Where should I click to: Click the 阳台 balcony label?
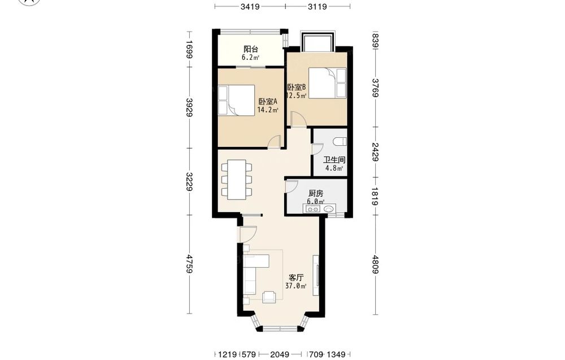pyautogui.click(x=250, y=49)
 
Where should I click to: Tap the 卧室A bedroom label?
pyautogui.click(x=268, y=102)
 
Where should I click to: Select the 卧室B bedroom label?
pyautogui.click(x=297, y=87)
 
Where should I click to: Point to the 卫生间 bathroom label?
pyautogui.click(x=334, y=159)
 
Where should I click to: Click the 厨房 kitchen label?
pyautogui.click(x=316, y=193)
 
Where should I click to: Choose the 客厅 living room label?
pyautogui.click(x=296, y=278)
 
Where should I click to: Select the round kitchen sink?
pyautogui.click(x=329, y=209)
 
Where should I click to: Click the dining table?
pyautogui.click(x=236, y=180)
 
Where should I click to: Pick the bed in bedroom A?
pyautogui.click(x=236, y=100)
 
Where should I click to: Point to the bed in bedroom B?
pyautogui.click(x=328, y=83)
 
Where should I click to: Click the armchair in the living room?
pyautogui.click(x=269, y=297)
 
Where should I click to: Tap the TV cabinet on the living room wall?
pyautogui.click(x=316, y=275)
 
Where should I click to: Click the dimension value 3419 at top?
pyautogui.click(x=250, y=6)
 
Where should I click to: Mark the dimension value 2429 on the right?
pyautogui.click(x=375, y=152)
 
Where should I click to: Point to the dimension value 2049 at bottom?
pyautogui.click(x=280, y=354)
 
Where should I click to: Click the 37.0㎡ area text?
pyautogui.click(x=296, y=286)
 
